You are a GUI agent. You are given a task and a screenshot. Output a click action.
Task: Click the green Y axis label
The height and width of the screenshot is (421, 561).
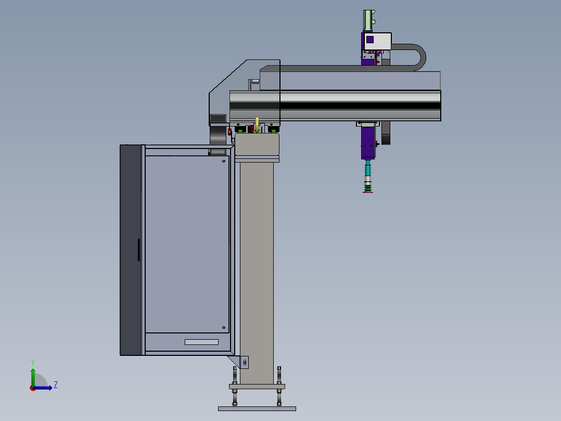[33, 362]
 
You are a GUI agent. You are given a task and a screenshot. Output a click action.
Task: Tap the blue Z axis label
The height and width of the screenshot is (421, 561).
[56, 385]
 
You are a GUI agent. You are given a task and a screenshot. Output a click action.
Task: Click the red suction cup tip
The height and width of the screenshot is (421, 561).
[368, 192]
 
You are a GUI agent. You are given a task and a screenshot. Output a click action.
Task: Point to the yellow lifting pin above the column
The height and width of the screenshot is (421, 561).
[257, 125]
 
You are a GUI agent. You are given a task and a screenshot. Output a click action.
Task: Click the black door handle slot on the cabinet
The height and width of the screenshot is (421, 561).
[139, 250]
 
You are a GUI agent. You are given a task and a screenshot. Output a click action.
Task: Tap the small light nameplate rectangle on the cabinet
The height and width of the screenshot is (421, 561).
[201, 342]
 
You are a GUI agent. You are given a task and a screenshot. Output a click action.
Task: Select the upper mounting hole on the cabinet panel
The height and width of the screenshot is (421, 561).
[224, 161]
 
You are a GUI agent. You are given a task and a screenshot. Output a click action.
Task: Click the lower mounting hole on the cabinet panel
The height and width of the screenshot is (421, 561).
[224, 328]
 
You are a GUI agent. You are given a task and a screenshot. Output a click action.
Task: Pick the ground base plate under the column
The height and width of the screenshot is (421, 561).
[257, 409]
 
